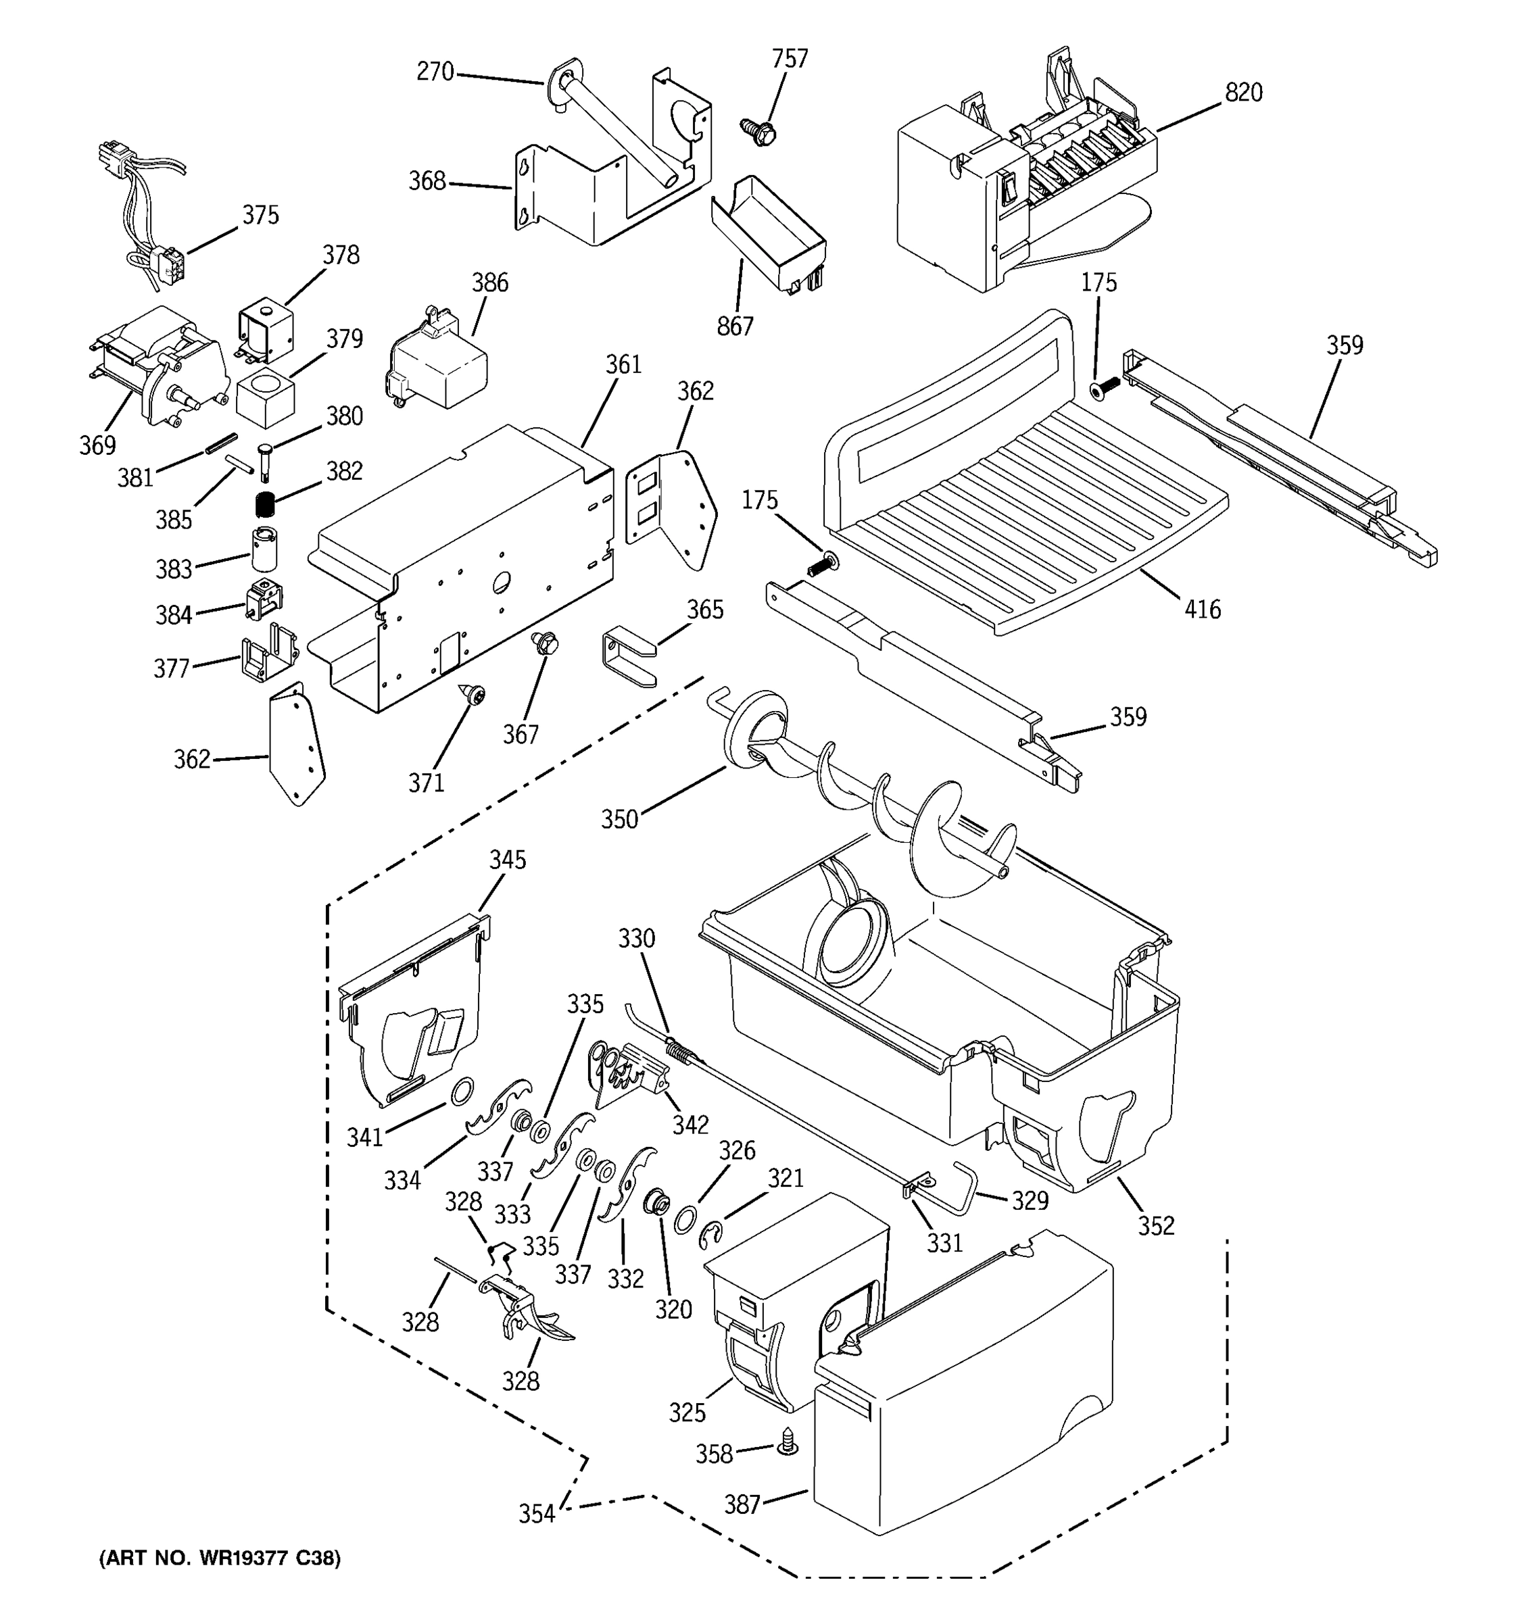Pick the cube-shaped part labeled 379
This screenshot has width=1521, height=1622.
click(264, 397)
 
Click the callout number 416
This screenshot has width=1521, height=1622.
click(1202, 609)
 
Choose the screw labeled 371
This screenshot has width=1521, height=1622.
click(473, 695)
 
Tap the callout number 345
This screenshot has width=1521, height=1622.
click(508, 860)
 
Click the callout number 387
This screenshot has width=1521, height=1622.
click(742, 1504)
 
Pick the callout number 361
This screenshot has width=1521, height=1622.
click(623, 365)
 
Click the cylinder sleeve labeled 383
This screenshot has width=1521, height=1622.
click(264, 548)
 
